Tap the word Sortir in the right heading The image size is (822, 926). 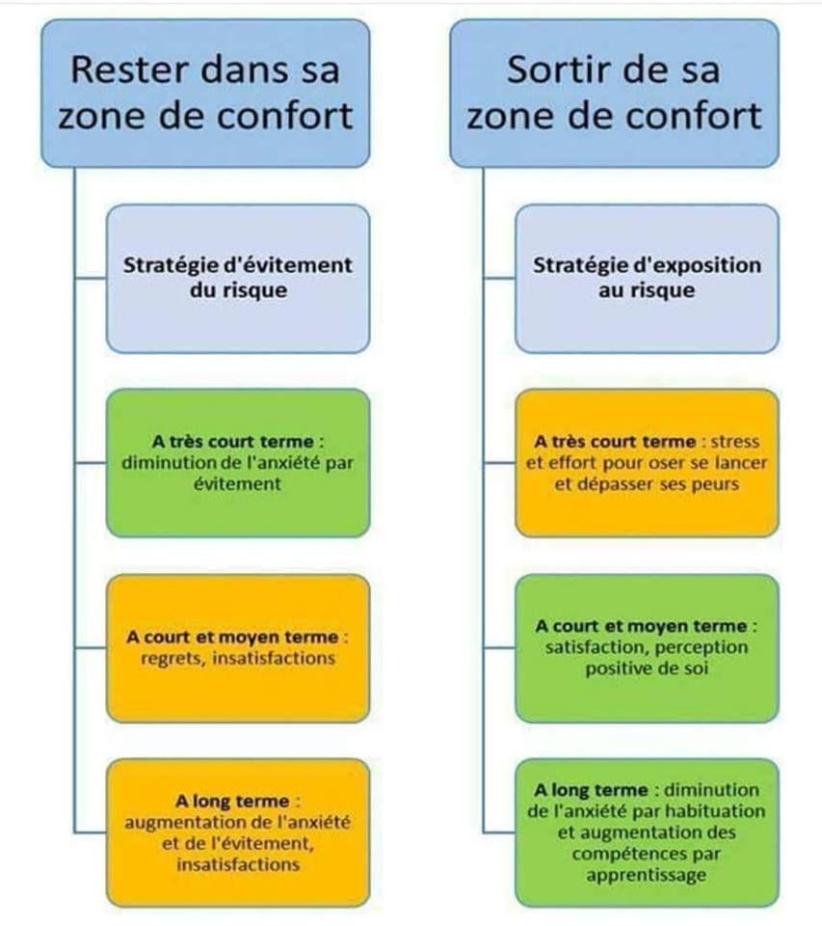(553, 69)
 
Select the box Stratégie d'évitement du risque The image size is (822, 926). (238, 279)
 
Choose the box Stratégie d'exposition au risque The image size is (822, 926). (647, 279)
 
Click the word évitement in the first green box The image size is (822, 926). (237, 483)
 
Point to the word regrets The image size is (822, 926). (172, 659)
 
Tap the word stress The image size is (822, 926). (734, 442)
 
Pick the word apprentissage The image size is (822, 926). (647, 875)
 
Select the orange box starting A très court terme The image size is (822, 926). (647, 463)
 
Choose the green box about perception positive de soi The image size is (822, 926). (647, 648)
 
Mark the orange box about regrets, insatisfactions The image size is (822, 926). (238, 648)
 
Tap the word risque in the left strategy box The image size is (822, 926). (255, 290)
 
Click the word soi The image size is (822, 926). (696, 668)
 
